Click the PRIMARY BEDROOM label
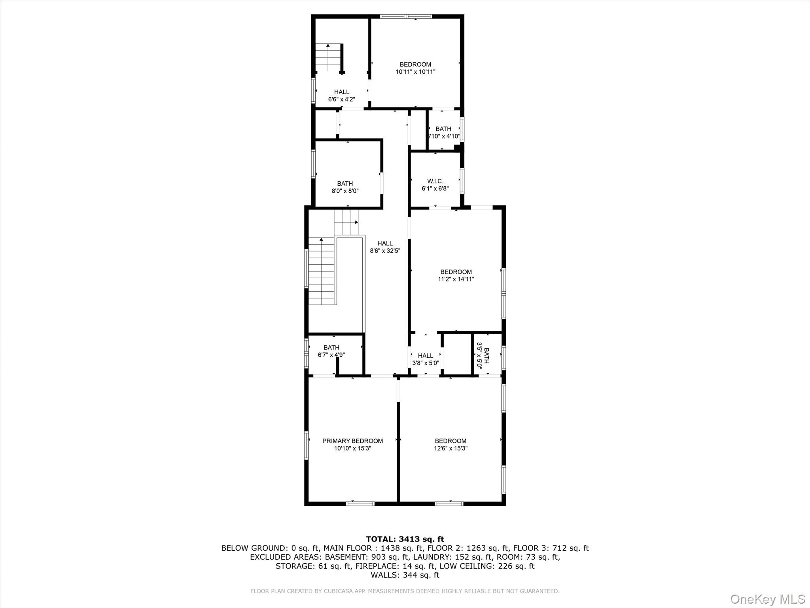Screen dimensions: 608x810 352,441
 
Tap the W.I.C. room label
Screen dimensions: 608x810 435,181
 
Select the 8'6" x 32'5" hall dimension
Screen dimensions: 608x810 385,251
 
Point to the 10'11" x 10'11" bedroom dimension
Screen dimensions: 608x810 415,72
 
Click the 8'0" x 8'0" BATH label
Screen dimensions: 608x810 345,187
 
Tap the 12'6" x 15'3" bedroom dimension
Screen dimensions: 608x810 450,448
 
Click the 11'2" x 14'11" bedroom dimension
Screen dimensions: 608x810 456,279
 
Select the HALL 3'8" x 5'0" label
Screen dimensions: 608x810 426,359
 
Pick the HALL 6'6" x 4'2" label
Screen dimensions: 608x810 341,96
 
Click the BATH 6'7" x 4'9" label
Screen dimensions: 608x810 331,351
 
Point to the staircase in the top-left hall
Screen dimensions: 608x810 328,57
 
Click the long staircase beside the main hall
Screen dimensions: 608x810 322,272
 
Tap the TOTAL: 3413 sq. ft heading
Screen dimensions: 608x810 405,539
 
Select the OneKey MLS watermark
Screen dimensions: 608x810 767,599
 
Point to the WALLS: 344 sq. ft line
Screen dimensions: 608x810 405,575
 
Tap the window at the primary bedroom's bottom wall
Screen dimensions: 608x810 360,503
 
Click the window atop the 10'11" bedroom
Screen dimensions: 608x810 406,17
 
